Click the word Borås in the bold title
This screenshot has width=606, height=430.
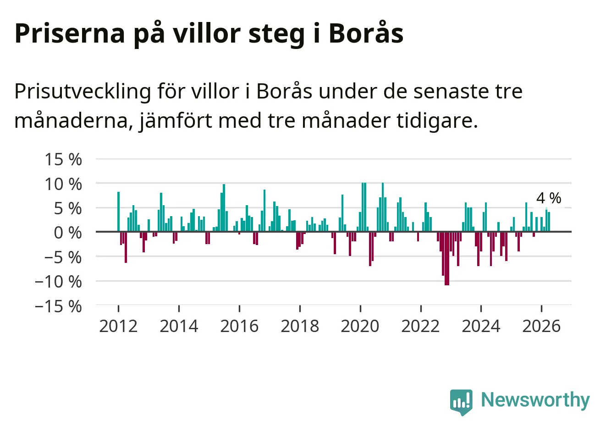(366, 33)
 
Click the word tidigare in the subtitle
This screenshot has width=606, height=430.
(437, 121)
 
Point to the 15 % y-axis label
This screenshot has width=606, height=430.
(63, 159)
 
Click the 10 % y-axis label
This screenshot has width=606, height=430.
(63, 185)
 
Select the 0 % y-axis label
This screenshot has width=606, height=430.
(68, 233)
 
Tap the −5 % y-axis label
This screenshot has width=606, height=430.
(63, 257)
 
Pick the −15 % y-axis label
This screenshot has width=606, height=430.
(58, 307)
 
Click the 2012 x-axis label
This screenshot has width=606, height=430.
(118, 326)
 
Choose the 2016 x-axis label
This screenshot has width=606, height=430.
(239, 326)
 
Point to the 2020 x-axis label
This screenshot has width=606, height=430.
(360, 326)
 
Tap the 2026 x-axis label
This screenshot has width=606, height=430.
(541, 326)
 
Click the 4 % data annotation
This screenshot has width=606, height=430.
(549, 198)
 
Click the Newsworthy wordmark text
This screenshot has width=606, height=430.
(535, 400)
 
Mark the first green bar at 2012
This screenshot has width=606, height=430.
(118, 212)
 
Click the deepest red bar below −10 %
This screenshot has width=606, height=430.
(447, 258)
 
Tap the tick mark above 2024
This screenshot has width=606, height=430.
(481, 308)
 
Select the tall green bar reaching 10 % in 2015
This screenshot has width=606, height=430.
(224, 208)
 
